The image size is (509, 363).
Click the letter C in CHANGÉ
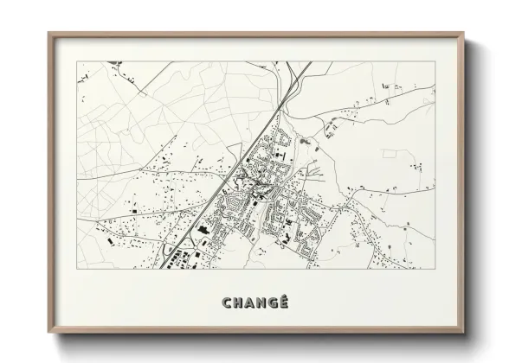tap(227, 302)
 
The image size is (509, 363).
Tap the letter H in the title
tap(240, 302)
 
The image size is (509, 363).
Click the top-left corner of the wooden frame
tap(48, 34)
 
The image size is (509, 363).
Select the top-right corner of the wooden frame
tap(463, 34)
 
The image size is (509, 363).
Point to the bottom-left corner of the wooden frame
tap(48, 335)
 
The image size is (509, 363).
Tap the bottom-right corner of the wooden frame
tap(463, 335)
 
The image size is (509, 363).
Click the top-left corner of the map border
tap(77, 62)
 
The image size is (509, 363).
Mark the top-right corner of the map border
tap(435, 62)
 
